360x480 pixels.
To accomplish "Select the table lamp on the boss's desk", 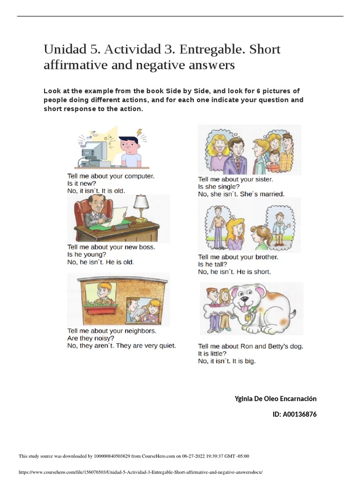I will pyautogui.click(x=140, y=206).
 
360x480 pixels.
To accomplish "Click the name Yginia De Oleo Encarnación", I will pyautogui.click(x=276, y=398).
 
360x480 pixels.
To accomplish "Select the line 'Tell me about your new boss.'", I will pyautogui.click(x=112, y=247).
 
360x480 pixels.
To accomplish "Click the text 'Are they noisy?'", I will pyautogui.click(x=91, y=338).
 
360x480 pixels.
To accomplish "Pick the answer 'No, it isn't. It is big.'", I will pyautogui.click(x=227, y=361).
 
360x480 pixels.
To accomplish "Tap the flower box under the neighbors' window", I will pyautogui.click(x=100, y=308).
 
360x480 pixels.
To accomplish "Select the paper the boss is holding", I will pyautogui.click(x=117, y=212).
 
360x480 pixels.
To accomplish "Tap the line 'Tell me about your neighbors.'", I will pyautogui.click(x=112, y=330).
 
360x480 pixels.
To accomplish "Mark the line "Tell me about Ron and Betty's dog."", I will pyautogui.click(x=251, y=346).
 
